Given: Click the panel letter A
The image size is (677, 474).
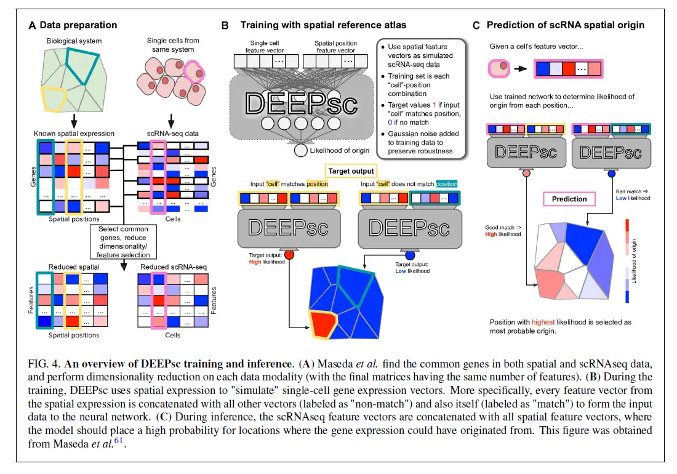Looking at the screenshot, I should (x=33, y=25).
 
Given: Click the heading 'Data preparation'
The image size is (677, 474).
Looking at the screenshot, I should (x=78, y=25).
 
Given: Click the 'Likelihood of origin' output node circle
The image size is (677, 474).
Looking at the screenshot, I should (x=301, y=151).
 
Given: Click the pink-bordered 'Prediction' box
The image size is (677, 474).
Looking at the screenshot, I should (x=569, y=199).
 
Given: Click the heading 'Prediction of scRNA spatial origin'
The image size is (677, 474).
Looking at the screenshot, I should (x=566, y=25).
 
